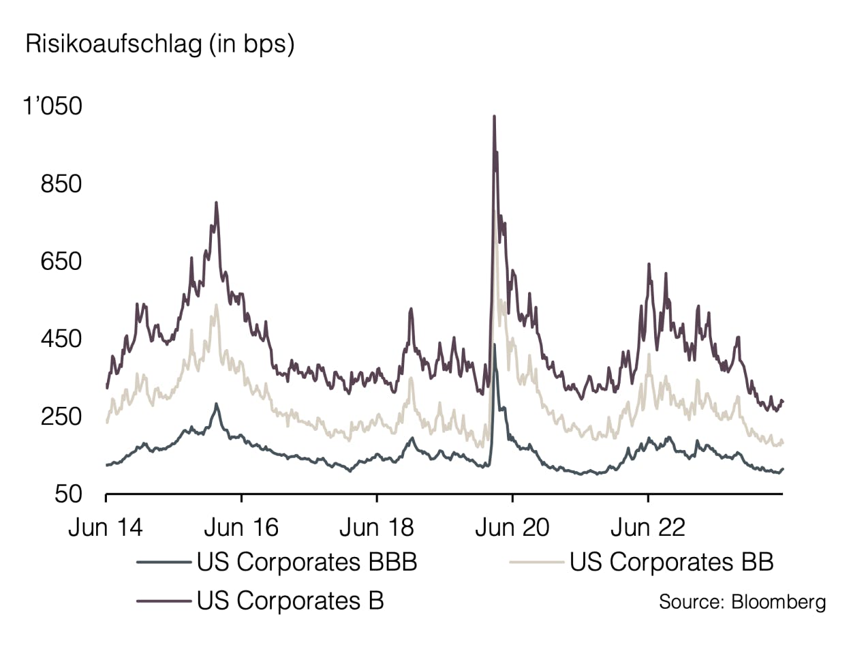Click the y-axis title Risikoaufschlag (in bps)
159,45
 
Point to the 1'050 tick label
52,107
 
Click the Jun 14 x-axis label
106,528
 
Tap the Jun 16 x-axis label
241,528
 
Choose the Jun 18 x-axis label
377,528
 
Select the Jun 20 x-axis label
512,528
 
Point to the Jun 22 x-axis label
647,528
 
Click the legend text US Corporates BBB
307,563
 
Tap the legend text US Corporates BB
671,563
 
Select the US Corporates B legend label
290,601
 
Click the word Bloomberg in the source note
778,602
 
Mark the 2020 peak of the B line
494,117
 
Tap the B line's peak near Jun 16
216,202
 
